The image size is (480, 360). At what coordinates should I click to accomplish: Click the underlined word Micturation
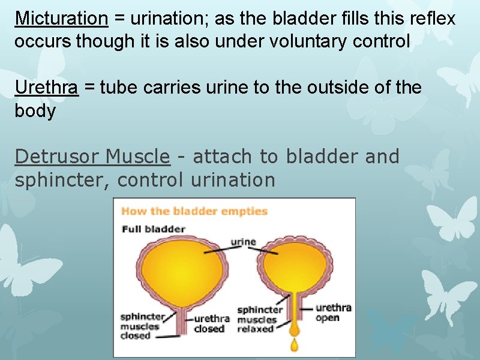pos(61,19)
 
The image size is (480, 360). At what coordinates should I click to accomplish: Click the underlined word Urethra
pos(46,88)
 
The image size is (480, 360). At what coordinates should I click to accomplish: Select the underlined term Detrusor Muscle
pos(92,157)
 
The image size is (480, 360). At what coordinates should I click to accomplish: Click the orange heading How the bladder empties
pos(194,211)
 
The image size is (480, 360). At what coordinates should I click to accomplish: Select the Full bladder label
pos(154,229)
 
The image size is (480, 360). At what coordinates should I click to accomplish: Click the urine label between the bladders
pos(243,242)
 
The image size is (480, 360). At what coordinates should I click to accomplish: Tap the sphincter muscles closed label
pos(142,326)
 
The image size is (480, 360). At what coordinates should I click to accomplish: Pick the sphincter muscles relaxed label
pos(260,319)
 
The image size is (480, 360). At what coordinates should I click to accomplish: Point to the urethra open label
pos(333,313)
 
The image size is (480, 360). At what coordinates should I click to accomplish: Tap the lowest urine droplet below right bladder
pos(295,345)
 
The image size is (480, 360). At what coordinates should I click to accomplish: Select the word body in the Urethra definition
pos(35,111)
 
